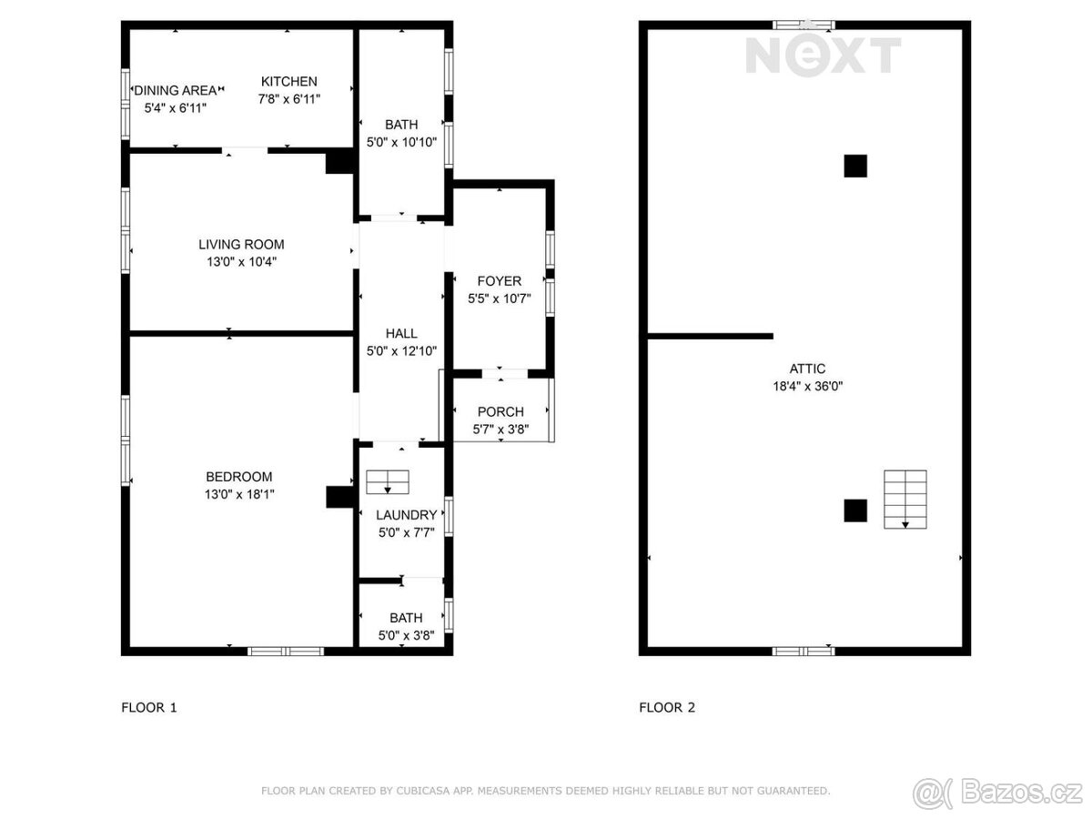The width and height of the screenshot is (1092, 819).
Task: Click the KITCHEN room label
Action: coord(288,81)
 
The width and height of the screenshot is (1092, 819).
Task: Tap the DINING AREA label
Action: coord(175,90)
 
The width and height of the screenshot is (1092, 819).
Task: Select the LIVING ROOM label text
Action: coord(241,244)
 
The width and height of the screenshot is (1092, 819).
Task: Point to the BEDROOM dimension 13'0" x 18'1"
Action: coord(238,494)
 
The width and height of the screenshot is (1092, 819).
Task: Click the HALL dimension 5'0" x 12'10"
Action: coord(401,351)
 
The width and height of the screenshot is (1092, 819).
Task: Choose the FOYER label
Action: coord(499,281)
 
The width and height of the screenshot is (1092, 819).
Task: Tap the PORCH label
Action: coord(500,411)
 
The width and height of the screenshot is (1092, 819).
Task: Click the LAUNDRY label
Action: coord(406,515)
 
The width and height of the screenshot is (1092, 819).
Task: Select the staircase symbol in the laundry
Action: coord(388,482)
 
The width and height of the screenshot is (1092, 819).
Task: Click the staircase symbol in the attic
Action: coord(905,500)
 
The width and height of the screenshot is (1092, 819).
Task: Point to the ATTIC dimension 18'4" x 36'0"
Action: coord(807,386)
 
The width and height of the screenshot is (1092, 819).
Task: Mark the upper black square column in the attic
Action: coord(855,167)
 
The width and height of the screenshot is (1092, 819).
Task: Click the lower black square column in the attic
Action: coord(855,511)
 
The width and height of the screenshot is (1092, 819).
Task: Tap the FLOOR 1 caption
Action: coord(148,708)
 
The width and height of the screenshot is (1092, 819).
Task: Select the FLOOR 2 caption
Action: coord(667,708)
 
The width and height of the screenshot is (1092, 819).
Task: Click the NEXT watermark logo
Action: coord(823,56)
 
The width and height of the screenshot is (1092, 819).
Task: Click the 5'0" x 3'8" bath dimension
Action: coord(406,635)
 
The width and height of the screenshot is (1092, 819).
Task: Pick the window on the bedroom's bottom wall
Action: coord(286,652)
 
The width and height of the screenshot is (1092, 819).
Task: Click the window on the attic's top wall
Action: coord(804,25)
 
